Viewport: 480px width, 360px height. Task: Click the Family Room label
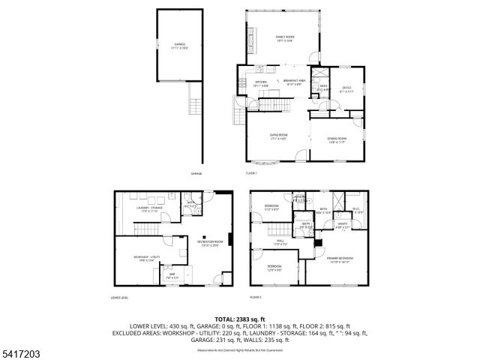pyautogui.click(x=285, y=38)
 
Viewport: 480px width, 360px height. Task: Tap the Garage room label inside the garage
pyautogui.click(x=180, y=46)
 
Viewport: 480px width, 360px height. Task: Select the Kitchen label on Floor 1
pyautogui.click(x=261, y=83)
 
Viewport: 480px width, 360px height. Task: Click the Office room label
pyautogui.click(x=346, y=89)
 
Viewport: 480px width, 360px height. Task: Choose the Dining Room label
pyautogui.click(x=336, y=140)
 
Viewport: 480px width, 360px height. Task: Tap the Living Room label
pyautogui.click(x=279, y=136)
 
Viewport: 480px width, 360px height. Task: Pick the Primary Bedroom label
pyautogui.click(x=339, y=259)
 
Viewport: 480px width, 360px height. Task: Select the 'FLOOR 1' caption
pyautogui.click(x=251, y=173)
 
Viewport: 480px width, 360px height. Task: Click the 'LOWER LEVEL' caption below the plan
pyautogui.click(x=120, y=298)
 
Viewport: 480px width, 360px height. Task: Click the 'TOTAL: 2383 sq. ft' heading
pyautogui.click(x=240, y=319)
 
